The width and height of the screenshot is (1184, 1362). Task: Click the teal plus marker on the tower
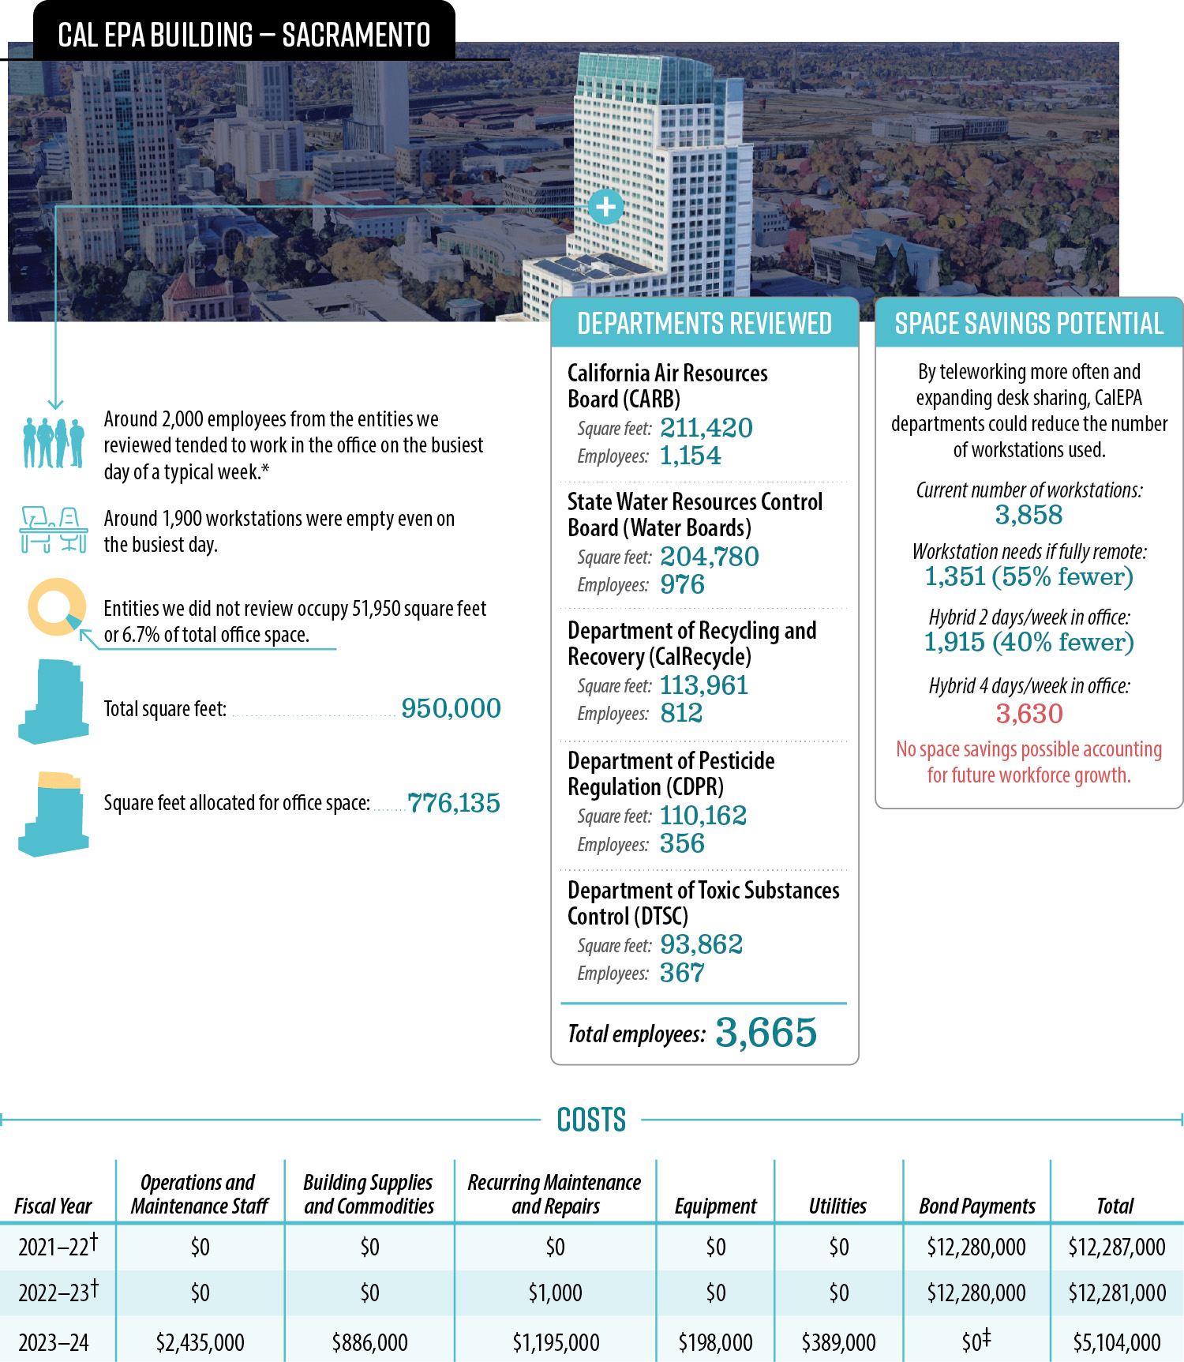pyautogui.click(x=605, y=207)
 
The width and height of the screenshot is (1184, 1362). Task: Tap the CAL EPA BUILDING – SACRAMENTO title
pyautogui.click(x=244, y=36)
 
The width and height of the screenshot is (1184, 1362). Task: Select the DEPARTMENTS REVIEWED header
pyautogui.click(x=704, y=324)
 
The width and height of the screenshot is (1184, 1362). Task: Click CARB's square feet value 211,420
pyautogui.click(x=706, y=428)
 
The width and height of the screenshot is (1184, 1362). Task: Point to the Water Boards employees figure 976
pyautogui.click(x=682, y=585)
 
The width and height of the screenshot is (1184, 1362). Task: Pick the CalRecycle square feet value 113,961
pyautogui.click(x=703, y=685)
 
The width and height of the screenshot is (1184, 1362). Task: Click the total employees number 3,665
pyautogui.click(x=766, y=1033)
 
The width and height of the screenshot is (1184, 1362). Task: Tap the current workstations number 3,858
pyautogui.click(x=1029, y=516)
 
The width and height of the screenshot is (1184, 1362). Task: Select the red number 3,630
pyautogui.click(x=1029, y=714)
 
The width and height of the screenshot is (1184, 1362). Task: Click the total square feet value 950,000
pyautogui.click(x=451, y=708)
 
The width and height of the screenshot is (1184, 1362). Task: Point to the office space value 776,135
pyautogui.click(x=454, y=803)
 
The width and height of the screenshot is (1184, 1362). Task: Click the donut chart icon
pyautogui.click(x=56, y=607)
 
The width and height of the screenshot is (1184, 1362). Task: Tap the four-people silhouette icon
pyautogui.click(x=54, y=442)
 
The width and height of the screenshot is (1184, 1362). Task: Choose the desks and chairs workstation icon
pyautogui.click(x=54, y=529)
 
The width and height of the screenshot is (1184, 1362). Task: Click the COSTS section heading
pyautogui.click(x=591, y=1120)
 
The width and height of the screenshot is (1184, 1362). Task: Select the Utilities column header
pyautogui.click(x=837, y=1206)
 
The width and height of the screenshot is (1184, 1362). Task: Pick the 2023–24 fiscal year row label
pyautogui.click(x=54, y=1342)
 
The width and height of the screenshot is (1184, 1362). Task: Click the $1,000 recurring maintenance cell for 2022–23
pyautogui.click(x=555, y=1293)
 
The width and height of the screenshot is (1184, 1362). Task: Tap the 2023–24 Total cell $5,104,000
pyautogui.click(x=1116, y=1342)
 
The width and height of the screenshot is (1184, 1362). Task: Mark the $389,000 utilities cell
pyautogui.click(x=838, y=1342)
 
